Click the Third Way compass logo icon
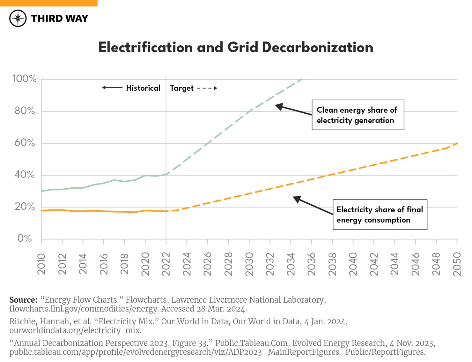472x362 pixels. pos(18,18)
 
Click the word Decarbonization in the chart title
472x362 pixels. pos(317,48)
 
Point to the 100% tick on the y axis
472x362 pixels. pos(25,79)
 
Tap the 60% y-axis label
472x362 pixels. pos(25,143)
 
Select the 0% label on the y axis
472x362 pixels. pos(25,238)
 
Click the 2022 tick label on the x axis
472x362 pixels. pos(166,264)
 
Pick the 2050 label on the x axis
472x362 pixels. pos(457,264)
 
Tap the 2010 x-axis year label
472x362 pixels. pos(41,264)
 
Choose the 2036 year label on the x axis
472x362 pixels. pos(312,264)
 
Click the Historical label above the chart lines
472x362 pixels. pos(143,88)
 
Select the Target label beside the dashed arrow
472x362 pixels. pos(182,88)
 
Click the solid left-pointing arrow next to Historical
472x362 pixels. pos(112,88)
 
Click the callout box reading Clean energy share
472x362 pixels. pos(358,115)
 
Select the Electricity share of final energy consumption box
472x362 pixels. pos(380,215)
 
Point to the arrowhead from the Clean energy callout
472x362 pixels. pos(278,107)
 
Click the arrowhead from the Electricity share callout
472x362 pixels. pos(296,199)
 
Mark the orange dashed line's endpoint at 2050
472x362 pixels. pos(457,143)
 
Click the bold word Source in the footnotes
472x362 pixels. pos(23,300)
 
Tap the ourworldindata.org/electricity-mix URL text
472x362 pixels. pos(75,330)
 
